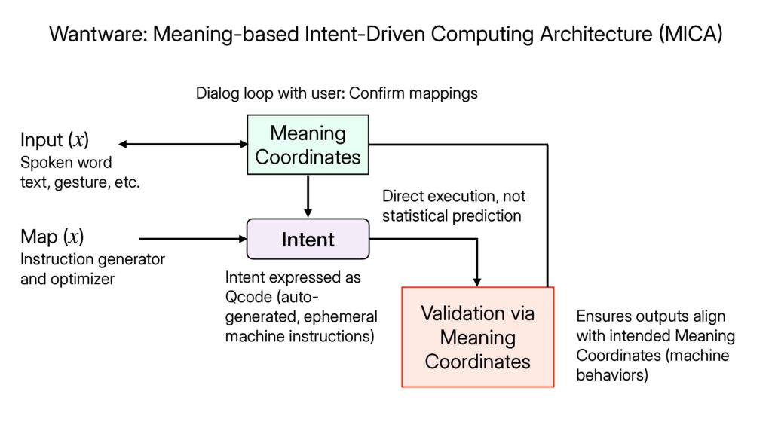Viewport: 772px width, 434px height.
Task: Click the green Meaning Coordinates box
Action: click(308, 145)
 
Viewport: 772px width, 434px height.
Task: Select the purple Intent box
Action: click(308, 240)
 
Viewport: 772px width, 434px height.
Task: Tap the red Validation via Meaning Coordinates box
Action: click(477, 337)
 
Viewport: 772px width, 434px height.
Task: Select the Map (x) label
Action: click(52, 237)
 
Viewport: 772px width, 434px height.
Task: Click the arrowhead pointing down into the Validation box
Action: click(477, 280)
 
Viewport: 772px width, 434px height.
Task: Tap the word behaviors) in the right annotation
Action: click(611, 375)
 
